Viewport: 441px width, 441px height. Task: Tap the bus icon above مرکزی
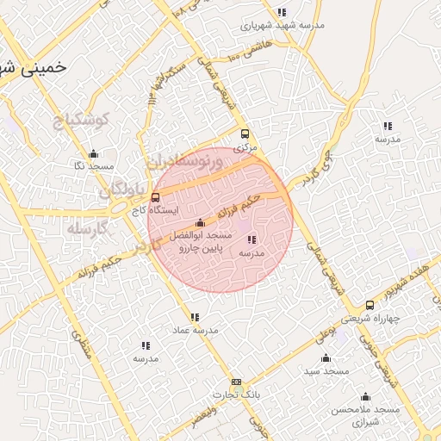[x=245, y=134]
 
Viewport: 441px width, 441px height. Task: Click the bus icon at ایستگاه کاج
[x=155, y=197]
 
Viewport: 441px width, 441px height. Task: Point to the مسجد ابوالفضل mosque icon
[x=201, y=223]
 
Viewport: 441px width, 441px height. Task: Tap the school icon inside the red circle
[x=251, y=239]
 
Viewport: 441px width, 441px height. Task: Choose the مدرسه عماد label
[x=196, y=330]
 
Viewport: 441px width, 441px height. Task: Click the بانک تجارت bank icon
[x=236, y=382]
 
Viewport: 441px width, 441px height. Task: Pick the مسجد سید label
[x=326, y=370]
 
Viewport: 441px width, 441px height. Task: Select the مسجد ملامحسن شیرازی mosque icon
[x=366, y=397]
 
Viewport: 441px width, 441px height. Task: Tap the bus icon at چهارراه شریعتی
[x=370, y=305]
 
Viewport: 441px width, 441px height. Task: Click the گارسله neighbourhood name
[x=86, y=229]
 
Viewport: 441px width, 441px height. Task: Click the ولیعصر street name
[x=204, y=414]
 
